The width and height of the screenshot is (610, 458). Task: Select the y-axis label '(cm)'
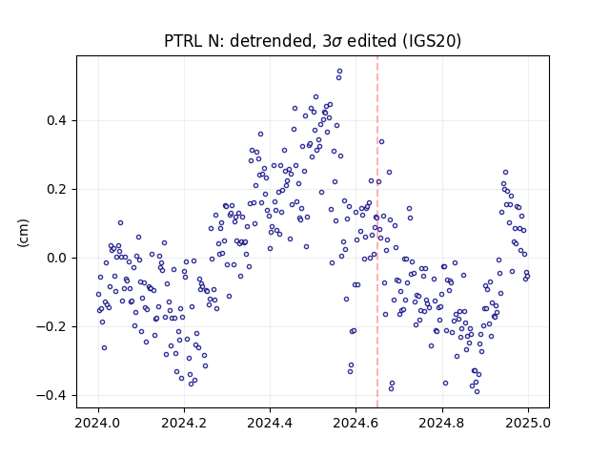tap(23, 233)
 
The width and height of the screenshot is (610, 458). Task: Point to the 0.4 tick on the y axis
tap(56, 121)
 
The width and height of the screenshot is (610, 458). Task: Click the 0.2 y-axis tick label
tap(56, 189)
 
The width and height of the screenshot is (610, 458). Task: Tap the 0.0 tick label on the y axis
tap(56, 258)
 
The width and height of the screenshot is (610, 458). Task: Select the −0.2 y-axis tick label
tap(51, 326)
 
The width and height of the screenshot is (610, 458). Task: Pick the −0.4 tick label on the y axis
tap(51, 395)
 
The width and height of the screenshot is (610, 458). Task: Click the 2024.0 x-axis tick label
tap(98, 423)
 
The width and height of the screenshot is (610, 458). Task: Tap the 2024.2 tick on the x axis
tap(184, 423)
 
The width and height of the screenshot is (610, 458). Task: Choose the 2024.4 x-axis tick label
tap(270, 423)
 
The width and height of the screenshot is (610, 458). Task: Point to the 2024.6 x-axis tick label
tap(356, 423)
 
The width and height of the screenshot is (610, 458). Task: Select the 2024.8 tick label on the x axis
tap(441, 423)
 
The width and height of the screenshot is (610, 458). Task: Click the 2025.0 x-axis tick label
tap(528, 423)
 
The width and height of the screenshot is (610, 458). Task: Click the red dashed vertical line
tap(377, 232)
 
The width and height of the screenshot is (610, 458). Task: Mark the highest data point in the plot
tap(339, 72)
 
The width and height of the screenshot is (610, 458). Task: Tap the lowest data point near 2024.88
tap(477, 392)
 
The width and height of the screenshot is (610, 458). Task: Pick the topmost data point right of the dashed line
tap(381, 142)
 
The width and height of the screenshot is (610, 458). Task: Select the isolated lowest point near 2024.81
tap(445, 384)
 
